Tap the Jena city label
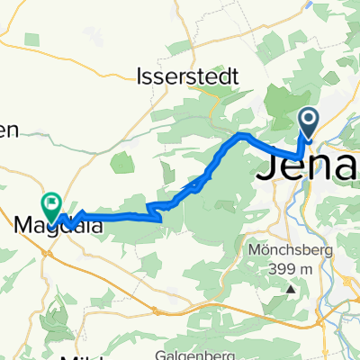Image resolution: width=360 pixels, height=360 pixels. (x=310, y=166)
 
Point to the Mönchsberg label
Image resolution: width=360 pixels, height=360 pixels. (x=288, y=247)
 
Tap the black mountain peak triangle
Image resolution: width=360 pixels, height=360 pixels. (x=291, y=290)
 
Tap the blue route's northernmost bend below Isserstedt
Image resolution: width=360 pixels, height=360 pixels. (x=240, y=135)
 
